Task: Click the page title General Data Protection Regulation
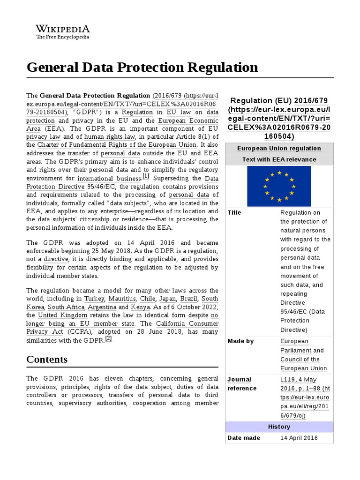click(142, 67)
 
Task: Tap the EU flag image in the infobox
click(279, 186)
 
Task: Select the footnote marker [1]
click(146, 177)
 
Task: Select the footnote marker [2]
click(108, 338)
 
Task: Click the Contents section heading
click(47, 360)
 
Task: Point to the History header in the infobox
click(279, 427)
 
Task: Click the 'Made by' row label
click(240, 341)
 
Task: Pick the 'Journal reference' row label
click(242, 384)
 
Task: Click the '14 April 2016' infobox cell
click(299, 438)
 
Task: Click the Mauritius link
click(123, 299)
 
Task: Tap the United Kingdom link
click(62, 315)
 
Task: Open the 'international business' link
click(109, 179)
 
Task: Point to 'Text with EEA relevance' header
click(279, 159)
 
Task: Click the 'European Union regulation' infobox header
click(279, 148)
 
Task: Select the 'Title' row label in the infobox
click(234, 213)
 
